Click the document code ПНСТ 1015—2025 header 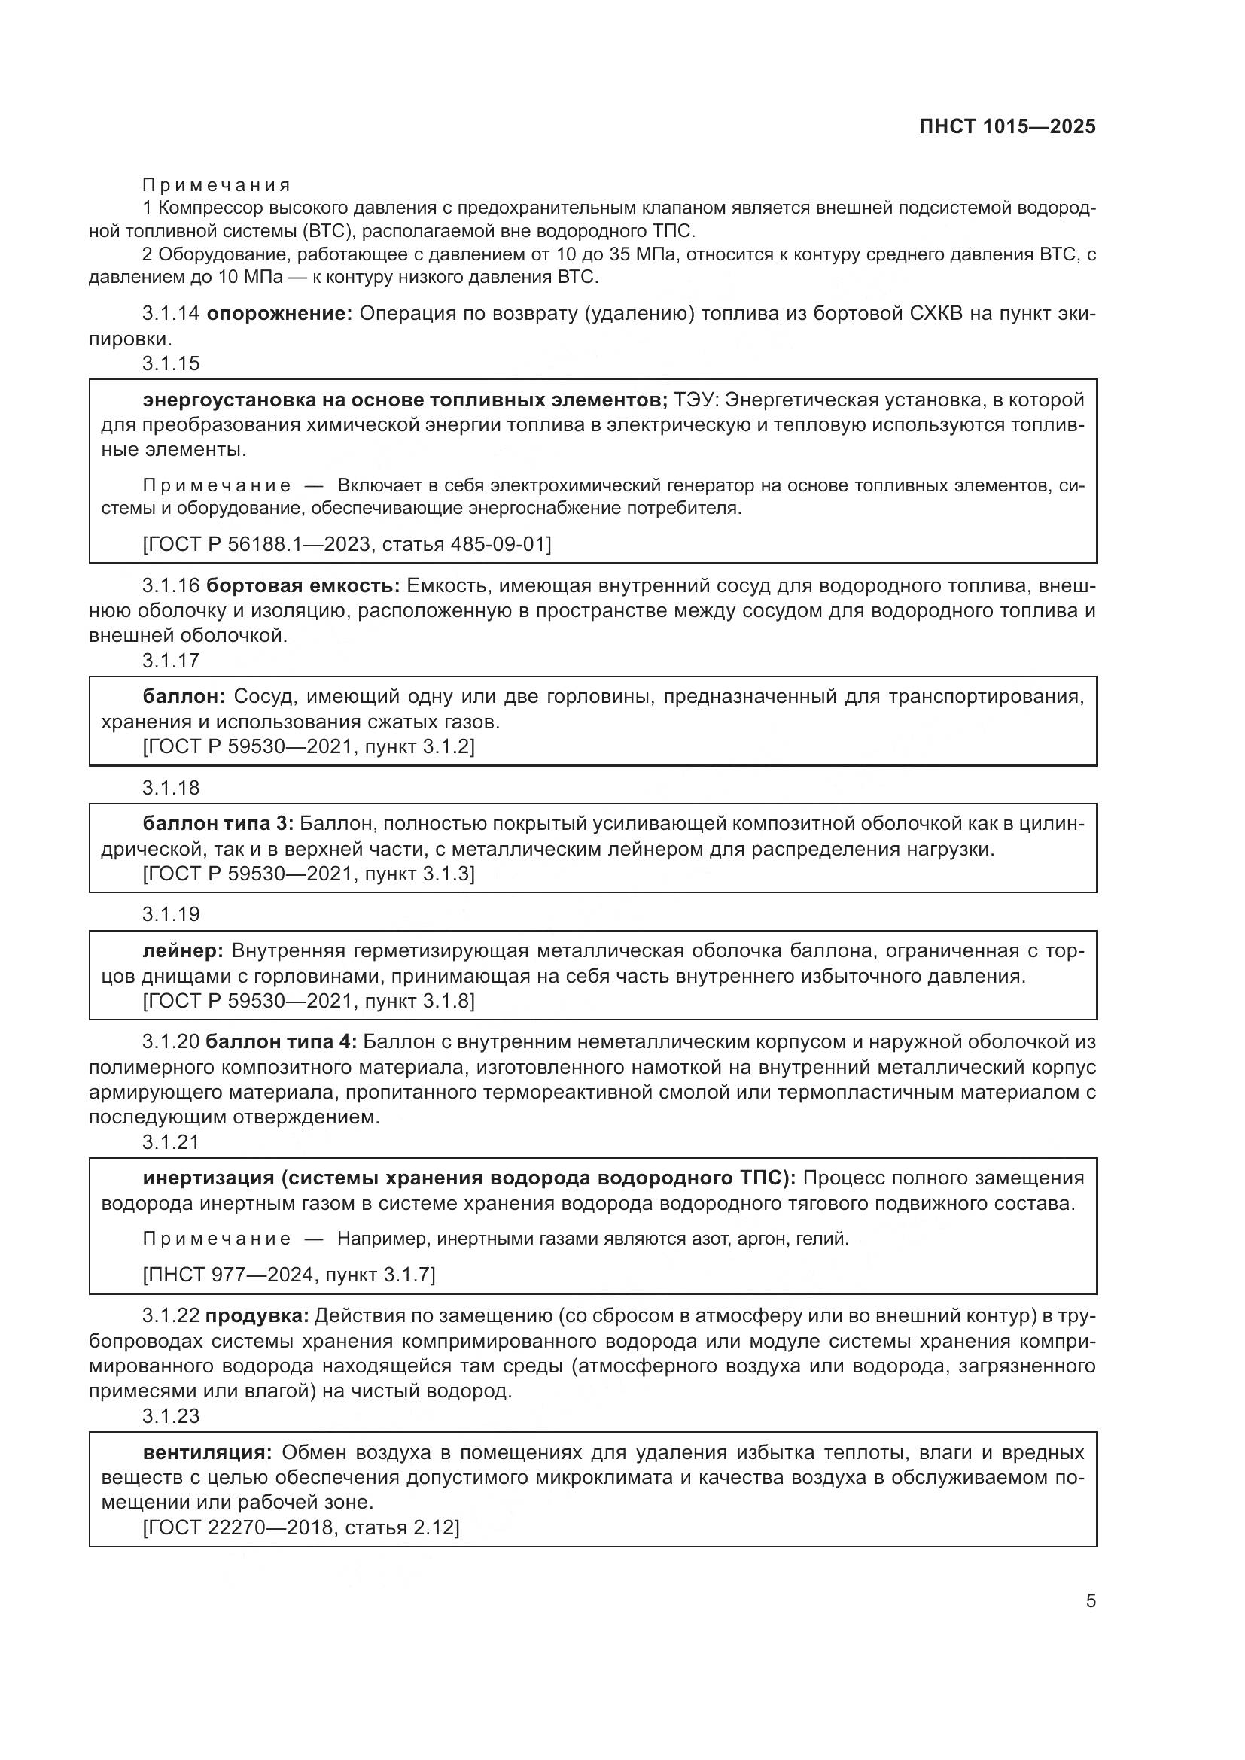(1006, 126)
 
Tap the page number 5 (1090, 1600)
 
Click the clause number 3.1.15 (170, 363)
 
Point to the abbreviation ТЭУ (696, 400)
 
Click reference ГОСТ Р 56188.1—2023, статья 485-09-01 (346, 543)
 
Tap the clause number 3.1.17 (170, 660)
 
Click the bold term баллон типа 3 (218, 823)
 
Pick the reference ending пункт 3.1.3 (308, 873)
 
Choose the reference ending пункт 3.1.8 (308, 1000)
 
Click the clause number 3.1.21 (170, 1141)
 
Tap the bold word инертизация (208, 1178)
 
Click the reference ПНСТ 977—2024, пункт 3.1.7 (289, 1275)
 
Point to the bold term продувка (257, 1316)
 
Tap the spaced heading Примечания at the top (216, 185)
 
